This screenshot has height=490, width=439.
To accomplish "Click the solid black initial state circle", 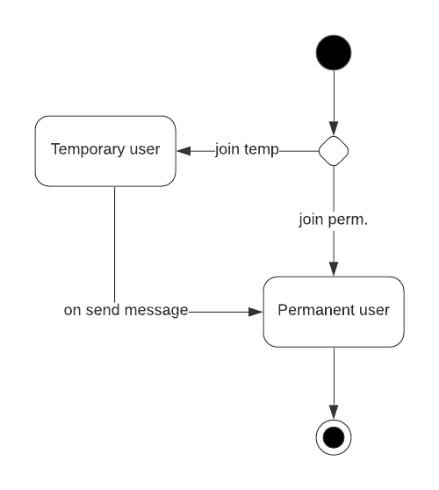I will pyautogui.click(x=334, y=52).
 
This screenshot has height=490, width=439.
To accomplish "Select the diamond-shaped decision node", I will pyautogui.click(x=334, y=151).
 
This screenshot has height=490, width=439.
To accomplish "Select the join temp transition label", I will pyautogui.click(x=247, y=150).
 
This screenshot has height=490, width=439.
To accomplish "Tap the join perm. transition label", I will pyautogui.click(x=334, y=220).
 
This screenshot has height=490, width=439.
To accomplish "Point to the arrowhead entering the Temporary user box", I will pyautogui.click(x=183, y=150).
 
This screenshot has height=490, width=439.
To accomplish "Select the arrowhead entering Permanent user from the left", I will pyautogui.click(x=256, y=311).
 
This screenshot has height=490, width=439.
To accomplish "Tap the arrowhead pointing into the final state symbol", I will pyautogui.click(x=334, y=412).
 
